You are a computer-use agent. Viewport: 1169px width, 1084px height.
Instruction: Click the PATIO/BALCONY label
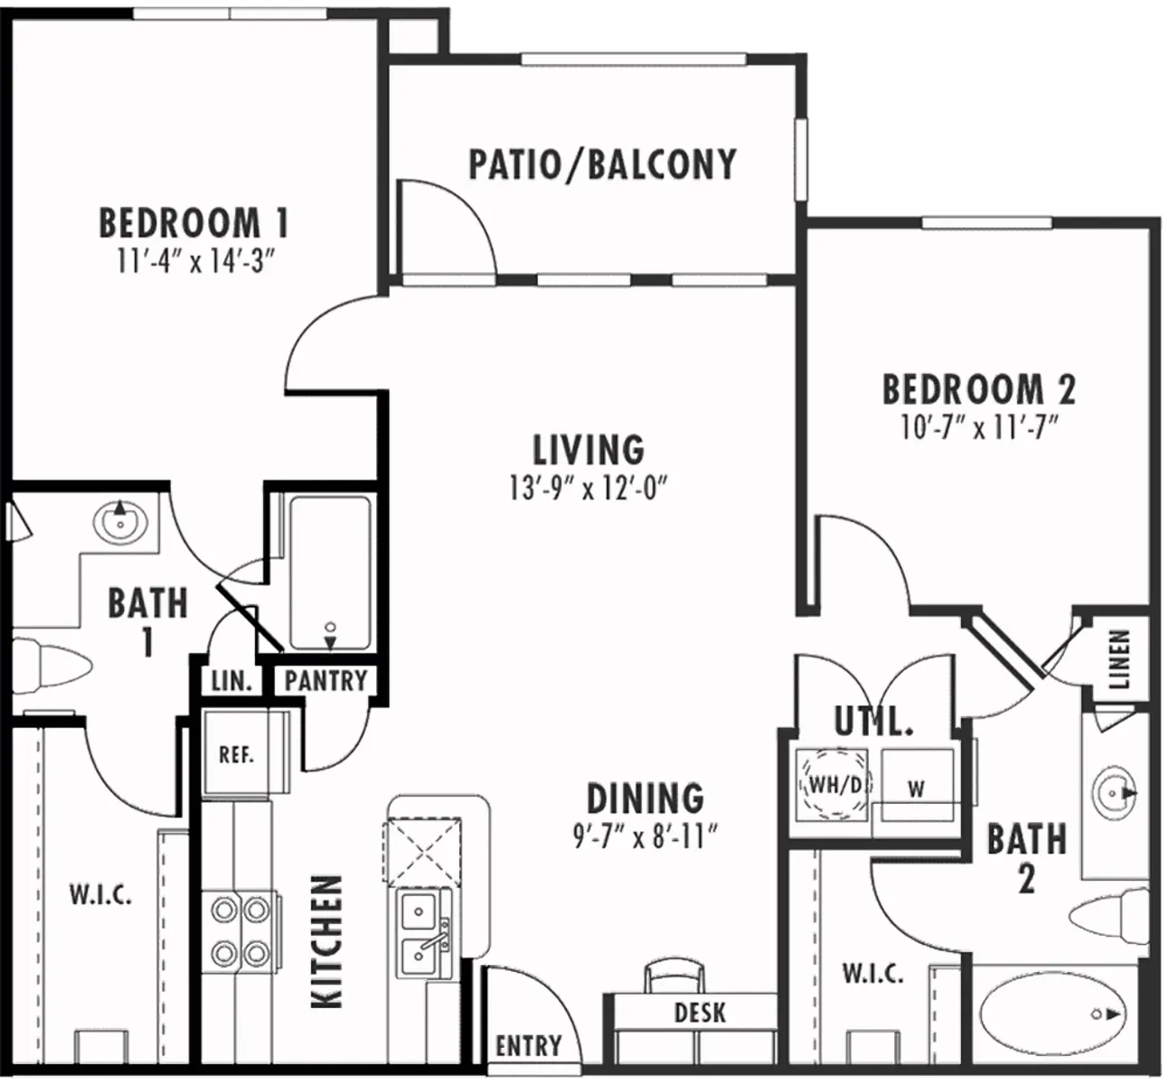tap(602, 165)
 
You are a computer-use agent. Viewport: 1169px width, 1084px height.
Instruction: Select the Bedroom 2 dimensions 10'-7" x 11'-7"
tap(979, 427)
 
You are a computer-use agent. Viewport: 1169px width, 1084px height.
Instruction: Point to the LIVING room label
tap(588, 449)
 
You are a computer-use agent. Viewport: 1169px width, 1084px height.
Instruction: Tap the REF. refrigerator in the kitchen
tap(236, 754)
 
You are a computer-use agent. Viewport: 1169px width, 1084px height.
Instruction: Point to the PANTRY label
tap(325, 680)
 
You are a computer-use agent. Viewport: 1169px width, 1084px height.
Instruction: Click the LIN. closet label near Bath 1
tap(231, 680)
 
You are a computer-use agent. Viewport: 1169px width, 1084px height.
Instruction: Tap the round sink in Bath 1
tap(119, 521)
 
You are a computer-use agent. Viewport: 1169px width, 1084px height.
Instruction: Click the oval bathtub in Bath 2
tap(1054, 1014)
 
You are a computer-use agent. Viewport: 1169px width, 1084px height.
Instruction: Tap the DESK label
tap(700, 1012)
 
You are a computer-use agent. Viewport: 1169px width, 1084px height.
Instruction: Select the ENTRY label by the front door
tap(529, 1046)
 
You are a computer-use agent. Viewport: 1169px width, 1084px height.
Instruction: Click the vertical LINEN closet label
tap(1119, 659)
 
